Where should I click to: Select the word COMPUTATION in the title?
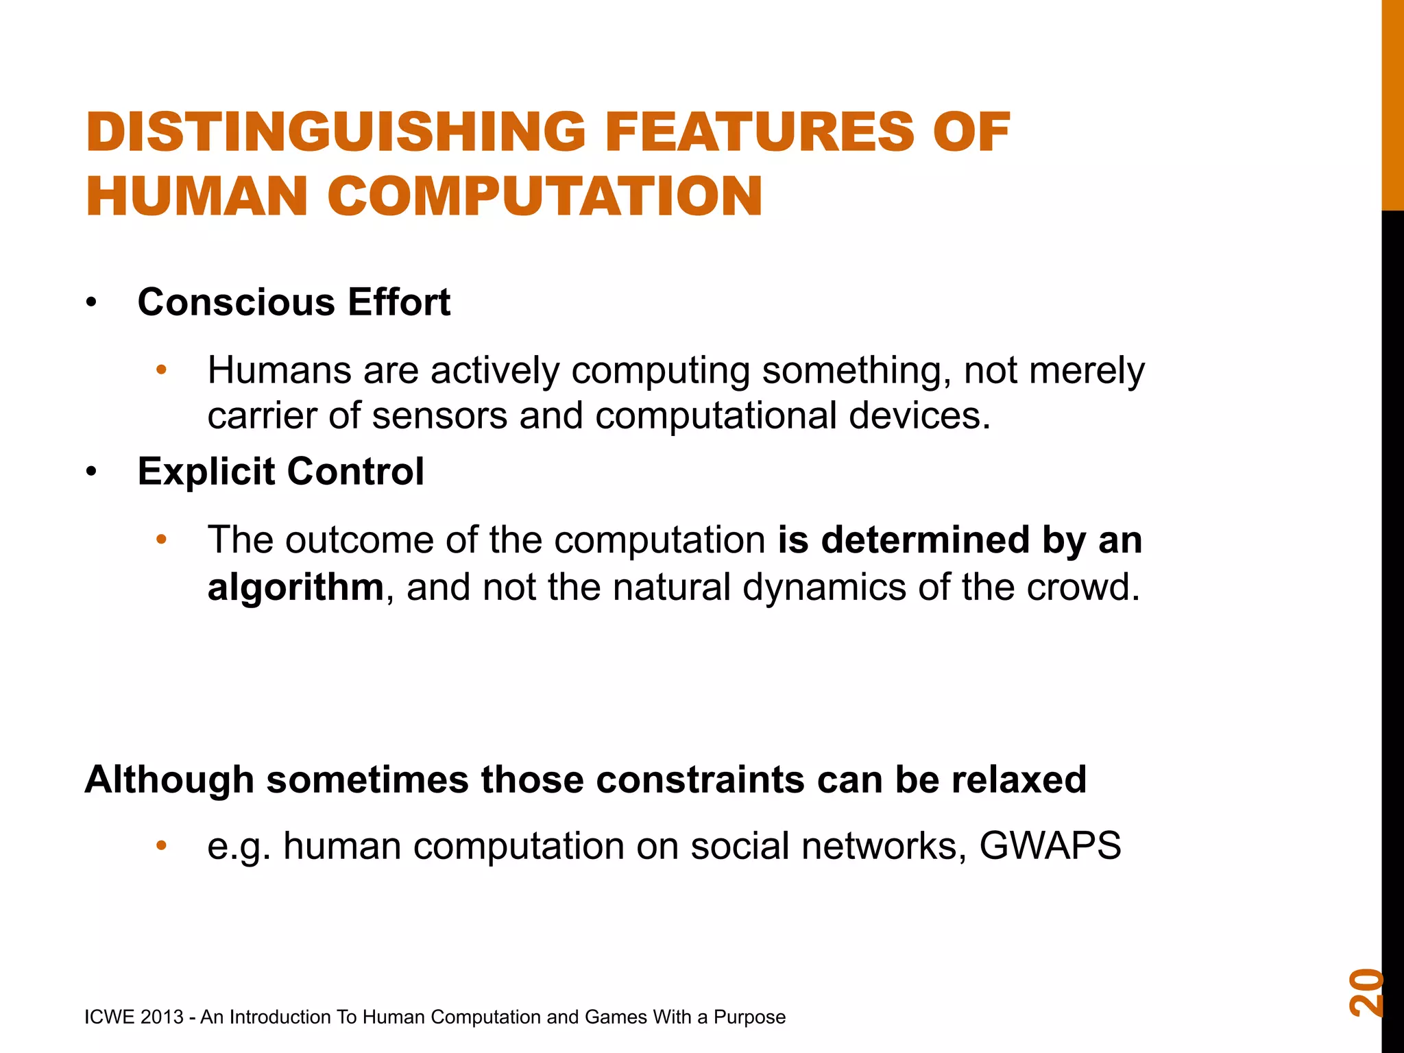point(545,197)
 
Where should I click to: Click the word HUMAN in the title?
point(197,197)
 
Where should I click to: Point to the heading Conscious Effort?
point(293,302)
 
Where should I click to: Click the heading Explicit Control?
point(280,472)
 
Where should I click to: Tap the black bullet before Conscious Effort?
point(92,303)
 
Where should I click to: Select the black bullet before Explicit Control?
point(92,472)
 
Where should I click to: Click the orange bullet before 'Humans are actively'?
point(162,371)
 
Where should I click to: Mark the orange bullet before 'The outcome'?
point(162,540)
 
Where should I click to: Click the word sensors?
point(439,416)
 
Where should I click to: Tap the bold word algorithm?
point(295,588)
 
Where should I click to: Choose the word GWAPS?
point(1050,846)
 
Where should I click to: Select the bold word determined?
point(925,540)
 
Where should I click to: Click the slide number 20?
point(1366,992)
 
